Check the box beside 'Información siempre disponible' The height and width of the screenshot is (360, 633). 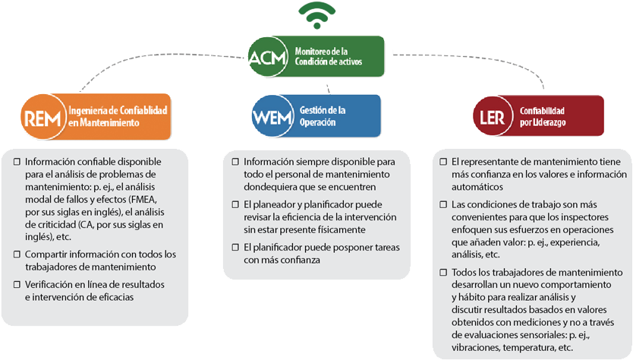(235, 162)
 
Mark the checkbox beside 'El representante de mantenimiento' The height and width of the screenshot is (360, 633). (443, 162)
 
